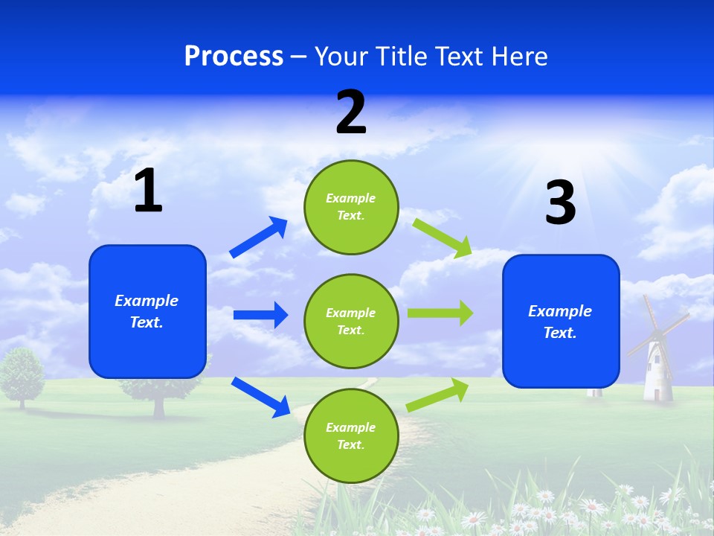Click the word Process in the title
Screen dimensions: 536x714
[234, 56]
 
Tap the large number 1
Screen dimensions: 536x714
[148, 191]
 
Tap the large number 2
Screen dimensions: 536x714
[351, 112]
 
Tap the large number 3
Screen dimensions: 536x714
[560, 202]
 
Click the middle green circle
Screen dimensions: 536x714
[351, 321]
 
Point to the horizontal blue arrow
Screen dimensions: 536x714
[260, 315]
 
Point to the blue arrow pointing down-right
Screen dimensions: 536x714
[260, 397]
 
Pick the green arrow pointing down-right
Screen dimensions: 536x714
[443, 237]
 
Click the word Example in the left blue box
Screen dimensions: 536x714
[147, 301]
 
